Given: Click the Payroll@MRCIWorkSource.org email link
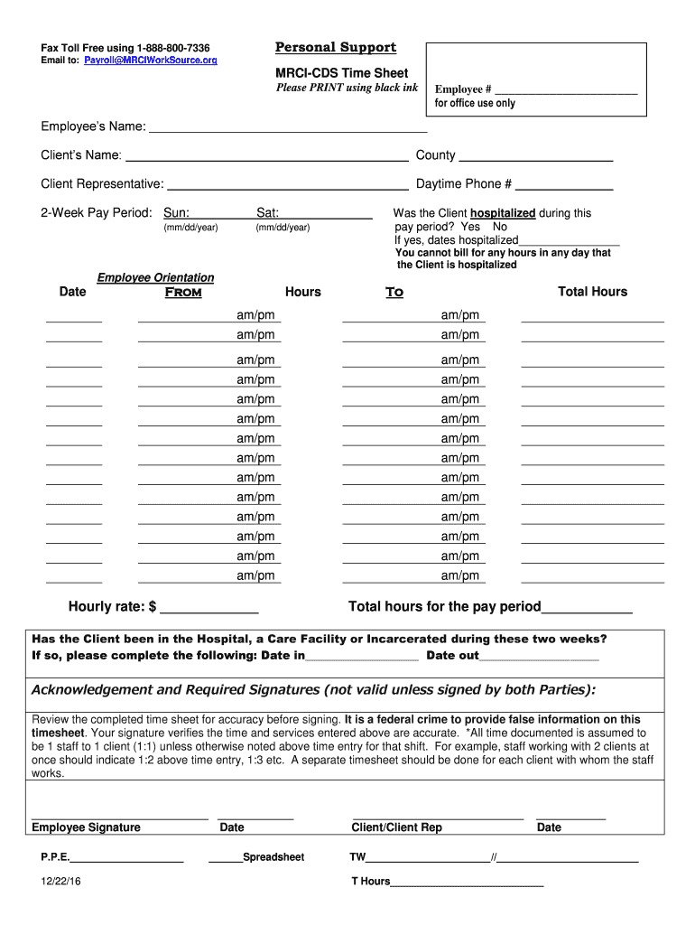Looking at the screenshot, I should click(151, 61).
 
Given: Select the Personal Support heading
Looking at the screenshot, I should click(335, 48).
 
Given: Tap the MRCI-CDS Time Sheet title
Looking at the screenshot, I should click(341, 72).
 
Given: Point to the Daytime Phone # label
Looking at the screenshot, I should click(464, 184).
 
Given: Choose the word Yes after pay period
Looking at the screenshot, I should click(470, 227).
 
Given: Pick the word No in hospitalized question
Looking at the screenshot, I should click(500, 227).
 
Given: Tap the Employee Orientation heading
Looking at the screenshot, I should click(155, 277).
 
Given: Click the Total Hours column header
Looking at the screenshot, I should click(592, 292).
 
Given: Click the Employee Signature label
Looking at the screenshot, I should click(86, 827).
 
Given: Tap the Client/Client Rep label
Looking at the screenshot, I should click(396, 827).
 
